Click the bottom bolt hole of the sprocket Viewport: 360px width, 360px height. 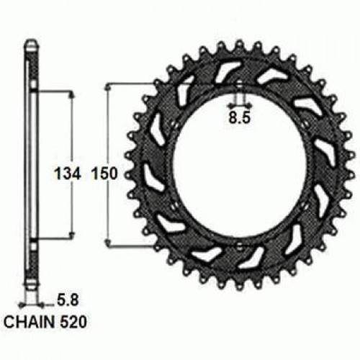(238, 247)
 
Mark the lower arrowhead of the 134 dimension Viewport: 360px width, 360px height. (71, 235)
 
